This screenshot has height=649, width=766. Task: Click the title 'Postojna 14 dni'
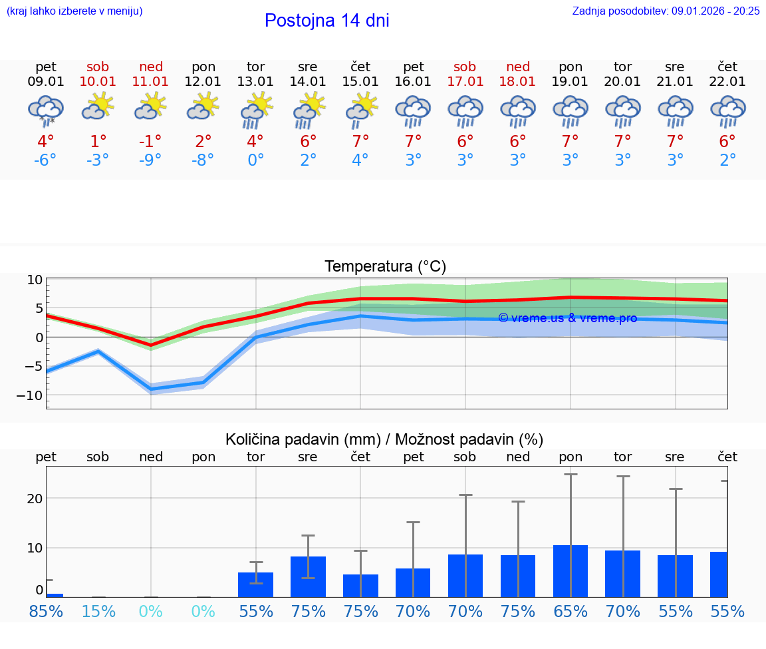(326, 21)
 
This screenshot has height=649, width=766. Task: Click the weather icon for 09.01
(46, 110)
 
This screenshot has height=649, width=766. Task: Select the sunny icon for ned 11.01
(151, 106)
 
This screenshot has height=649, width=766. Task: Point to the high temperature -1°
(151, 141)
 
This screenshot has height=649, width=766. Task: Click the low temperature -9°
(151, 160)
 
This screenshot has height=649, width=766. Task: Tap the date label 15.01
(360, 81)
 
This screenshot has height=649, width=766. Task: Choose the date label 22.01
(727, 81)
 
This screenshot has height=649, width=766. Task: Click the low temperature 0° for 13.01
(256, 160)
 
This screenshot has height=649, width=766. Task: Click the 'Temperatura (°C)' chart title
(385, 267)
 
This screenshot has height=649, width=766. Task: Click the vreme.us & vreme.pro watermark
(567, 318)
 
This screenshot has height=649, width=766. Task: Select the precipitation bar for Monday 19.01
(571, 571)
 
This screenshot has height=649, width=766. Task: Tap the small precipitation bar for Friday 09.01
(55, 595)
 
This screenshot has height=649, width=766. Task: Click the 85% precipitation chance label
(46, 611)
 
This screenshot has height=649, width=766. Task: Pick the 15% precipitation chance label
(98, 611)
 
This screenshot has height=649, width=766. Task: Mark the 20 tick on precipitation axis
(35, 499)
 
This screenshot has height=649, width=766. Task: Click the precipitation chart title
(384, 439)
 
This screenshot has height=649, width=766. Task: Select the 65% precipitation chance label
(571, 611)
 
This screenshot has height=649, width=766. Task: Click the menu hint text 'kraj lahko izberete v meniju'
(74, 11)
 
